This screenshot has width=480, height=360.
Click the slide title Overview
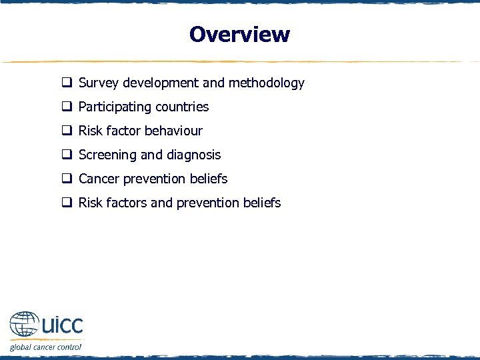239,34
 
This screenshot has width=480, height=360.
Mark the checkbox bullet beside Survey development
67,83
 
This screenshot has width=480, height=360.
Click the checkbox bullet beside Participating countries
67,107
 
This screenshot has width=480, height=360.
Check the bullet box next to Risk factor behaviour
67,131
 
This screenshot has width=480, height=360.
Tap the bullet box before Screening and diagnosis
67,155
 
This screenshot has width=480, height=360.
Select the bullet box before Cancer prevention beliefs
67,179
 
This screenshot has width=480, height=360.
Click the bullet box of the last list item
67,203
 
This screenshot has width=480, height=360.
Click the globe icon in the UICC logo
25,326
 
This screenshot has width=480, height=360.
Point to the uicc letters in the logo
62,325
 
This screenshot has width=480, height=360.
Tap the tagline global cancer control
45,347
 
